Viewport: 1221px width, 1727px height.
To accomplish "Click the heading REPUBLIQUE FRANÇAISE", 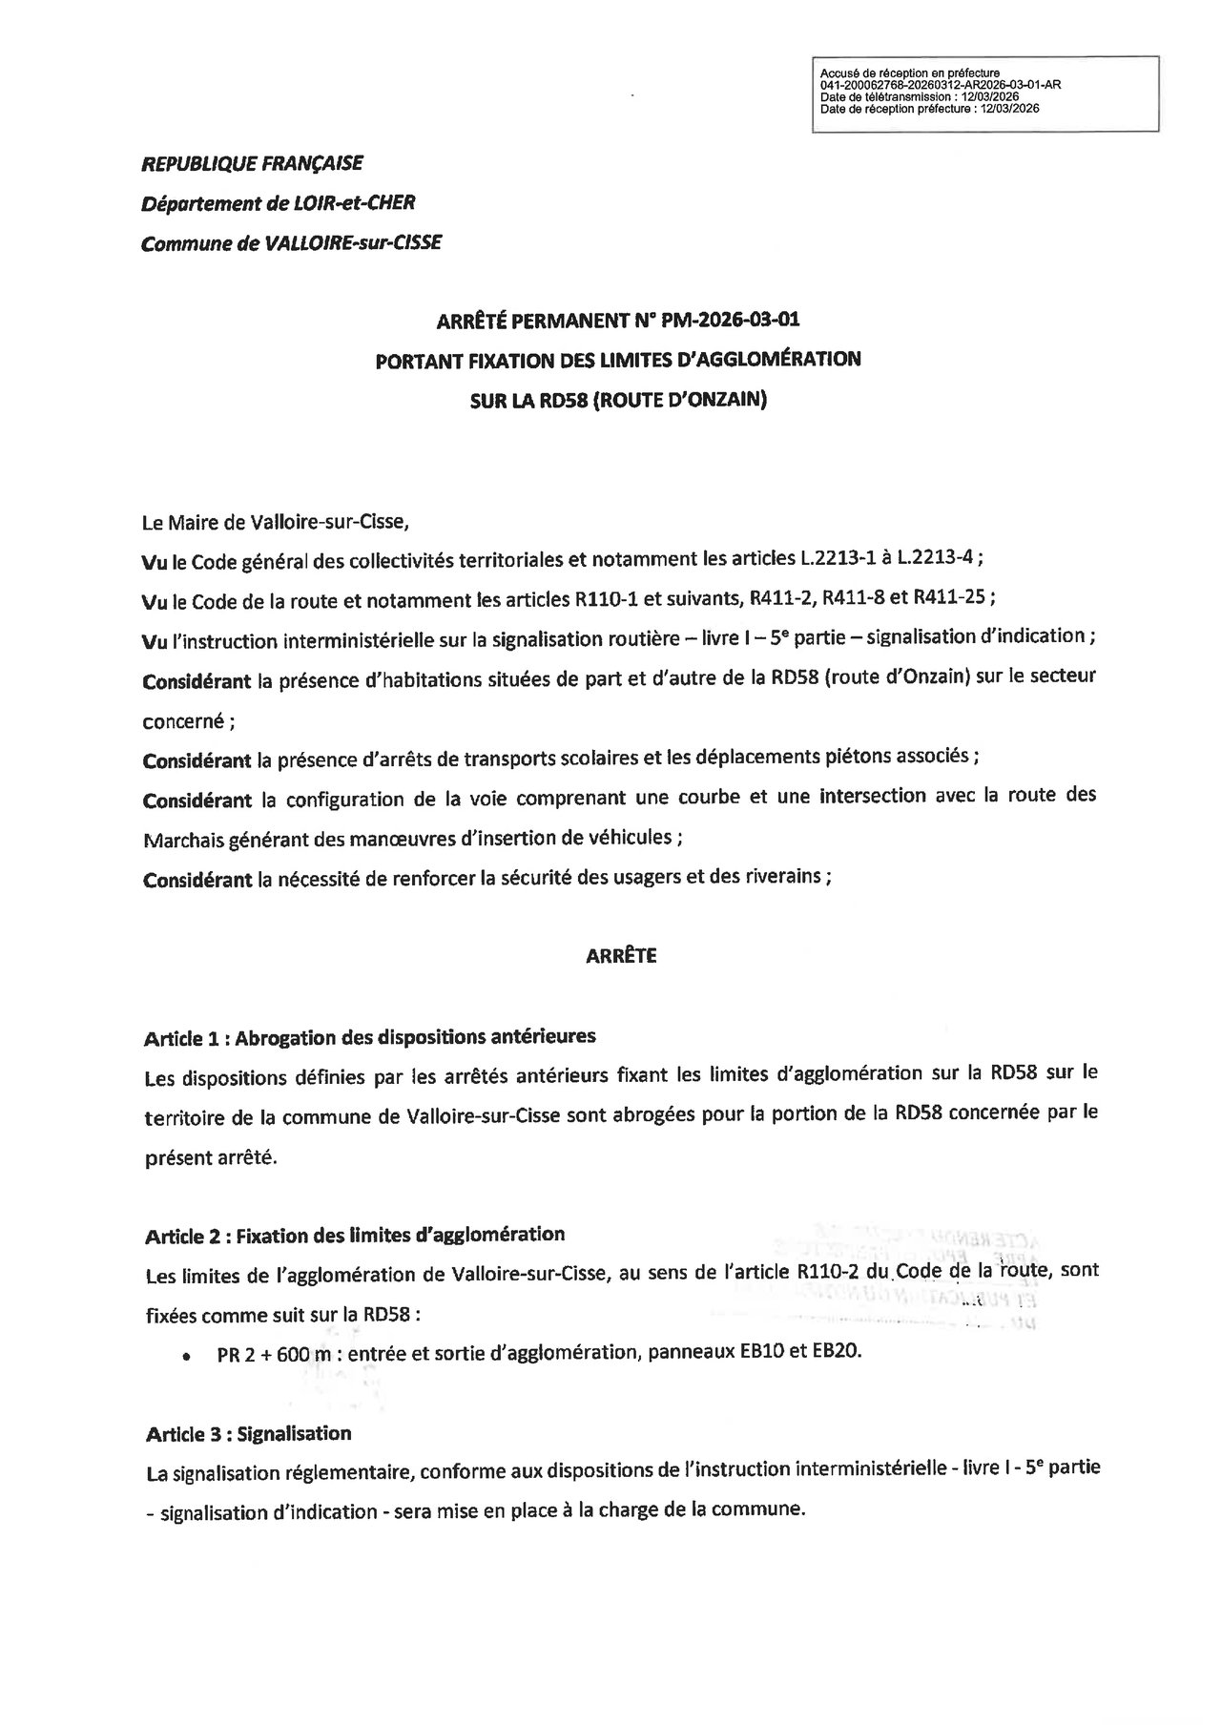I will pos(252,164).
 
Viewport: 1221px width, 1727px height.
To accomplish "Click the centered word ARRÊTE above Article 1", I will pos(621,955).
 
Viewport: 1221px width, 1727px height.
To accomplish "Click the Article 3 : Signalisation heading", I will pos(248,1434).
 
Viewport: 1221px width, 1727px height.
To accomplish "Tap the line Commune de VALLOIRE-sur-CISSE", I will pos(291,243).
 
